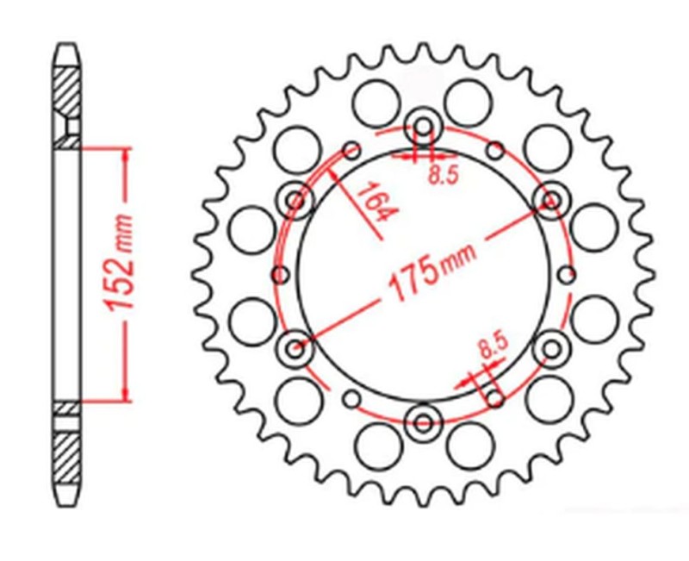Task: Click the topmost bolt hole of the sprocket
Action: pyautogui.click(x=423, y=126)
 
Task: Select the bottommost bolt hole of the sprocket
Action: pyautogui.click(x=423, y=422)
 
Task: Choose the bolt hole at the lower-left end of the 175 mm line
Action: pyautogui.click(x=295, y=349)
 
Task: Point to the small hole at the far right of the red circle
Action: pyautogui.click(x=566, y=275)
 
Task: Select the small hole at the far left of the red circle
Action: pyautogui.click(x=280, y=275)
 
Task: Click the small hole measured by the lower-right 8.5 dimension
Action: pyautogui.click(x=495, y=397)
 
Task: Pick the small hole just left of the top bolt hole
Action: pyautogui.click(x=351, y=152)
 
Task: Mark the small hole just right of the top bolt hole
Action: pyautogui.click(x=495, y=152)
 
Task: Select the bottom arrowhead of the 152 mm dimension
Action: pyautogui.click(x=127, y=394)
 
